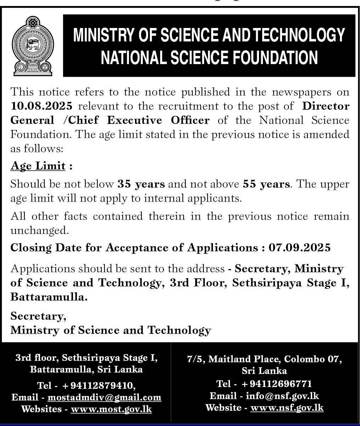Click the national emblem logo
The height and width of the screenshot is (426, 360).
32,46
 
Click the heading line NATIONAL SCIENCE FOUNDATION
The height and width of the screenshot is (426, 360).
209,58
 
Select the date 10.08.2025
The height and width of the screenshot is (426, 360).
41,106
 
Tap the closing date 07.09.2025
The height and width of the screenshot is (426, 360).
299,248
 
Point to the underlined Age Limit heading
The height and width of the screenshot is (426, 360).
38,166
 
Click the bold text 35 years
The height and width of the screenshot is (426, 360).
141,184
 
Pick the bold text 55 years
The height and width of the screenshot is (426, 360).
266,184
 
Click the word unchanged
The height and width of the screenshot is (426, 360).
39,231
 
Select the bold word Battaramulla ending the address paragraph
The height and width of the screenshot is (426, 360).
49,297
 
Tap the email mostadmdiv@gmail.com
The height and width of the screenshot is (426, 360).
104,397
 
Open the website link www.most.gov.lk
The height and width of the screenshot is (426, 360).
111,409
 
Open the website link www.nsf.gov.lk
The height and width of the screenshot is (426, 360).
287,408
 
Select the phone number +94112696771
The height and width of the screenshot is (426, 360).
277,384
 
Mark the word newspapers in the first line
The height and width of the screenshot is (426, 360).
302,92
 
